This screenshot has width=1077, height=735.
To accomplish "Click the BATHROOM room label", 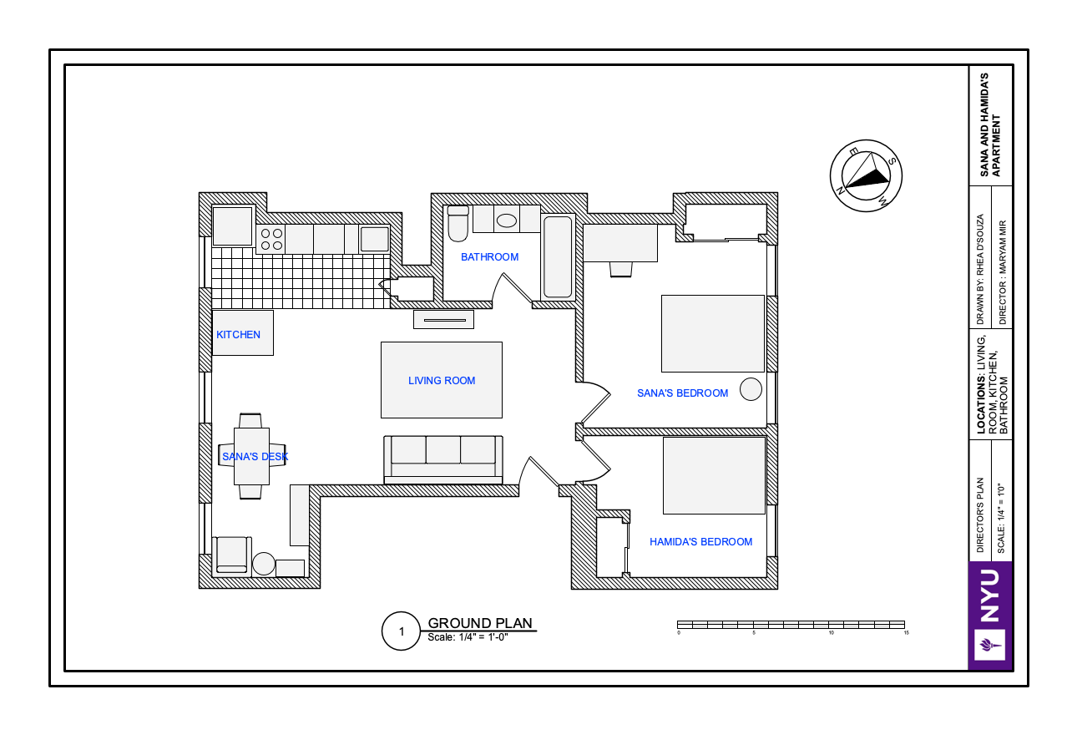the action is click(x=489, y=257).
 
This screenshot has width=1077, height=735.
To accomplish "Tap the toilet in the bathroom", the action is click(x=458, y=223).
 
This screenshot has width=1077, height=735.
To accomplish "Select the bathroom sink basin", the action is click(x=506, y=220).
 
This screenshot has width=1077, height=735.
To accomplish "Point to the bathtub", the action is click(x=558, y=257).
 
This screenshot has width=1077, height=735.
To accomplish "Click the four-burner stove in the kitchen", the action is click(x=271, y=239).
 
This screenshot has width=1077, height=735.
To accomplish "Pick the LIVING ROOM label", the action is click(x=442, y=381).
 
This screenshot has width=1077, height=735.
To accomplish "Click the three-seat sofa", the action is click(x=443, y=459).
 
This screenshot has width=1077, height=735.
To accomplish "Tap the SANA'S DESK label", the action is click(x=255, y=457).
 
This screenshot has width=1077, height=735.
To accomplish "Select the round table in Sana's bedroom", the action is click(x=751, y=389).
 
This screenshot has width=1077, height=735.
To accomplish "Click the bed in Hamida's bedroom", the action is click(x=714, y=475).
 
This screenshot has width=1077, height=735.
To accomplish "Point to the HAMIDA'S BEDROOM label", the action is click(x=700, y=541).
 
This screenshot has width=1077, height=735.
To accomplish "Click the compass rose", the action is click(x=866, y=176).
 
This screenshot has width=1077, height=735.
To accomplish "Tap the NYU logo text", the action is click(x=990, y=596).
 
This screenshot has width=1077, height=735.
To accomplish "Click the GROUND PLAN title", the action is click(x=480, y=623).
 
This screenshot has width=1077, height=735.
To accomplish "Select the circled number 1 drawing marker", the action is click(x=401, y=631).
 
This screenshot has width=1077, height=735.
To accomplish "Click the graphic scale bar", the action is click(x=791, y=625).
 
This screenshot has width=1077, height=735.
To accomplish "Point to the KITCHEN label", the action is click(x=238, y=335).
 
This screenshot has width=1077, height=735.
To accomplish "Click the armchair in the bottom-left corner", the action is click(x=232, y=556).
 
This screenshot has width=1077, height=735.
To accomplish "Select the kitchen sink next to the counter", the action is click(x=375, y=239).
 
